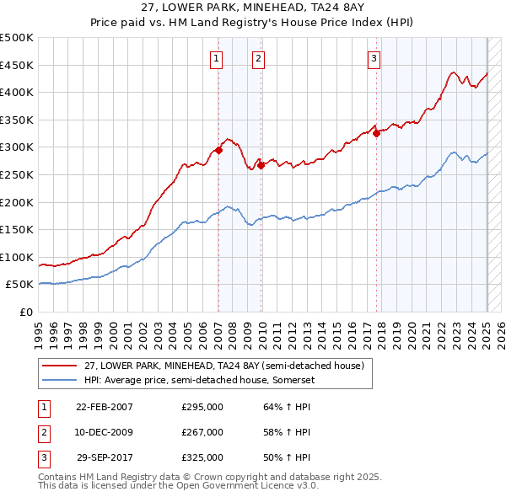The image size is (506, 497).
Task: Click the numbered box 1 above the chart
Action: pyautogui.click(x=217, y=58)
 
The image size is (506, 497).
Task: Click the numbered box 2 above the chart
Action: pyautogui.click(x=257, y=58)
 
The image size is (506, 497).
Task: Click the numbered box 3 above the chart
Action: pyautogui.click(x=374, y=58)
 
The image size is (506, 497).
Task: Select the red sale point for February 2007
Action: pyautogui.click(x=218, y=151)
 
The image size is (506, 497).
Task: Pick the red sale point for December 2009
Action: pyautogui.click(x=261, y=165)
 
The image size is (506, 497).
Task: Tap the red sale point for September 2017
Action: pyautogui.click(x=377, y=133)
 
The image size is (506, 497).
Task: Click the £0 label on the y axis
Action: pyautogui.click(x=25, y=312)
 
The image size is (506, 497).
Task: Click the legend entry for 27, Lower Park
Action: pyautogui.click(x=223, y=366)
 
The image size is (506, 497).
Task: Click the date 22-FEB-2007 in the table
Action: pyautogui.click(x=105, y=407)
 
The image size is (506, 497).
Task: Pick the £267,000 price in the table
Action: pyautogui.click(x=202, y=432)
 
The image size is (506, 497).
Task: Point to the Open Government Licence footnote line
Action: pyautogui.click(x=177, y=486)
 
